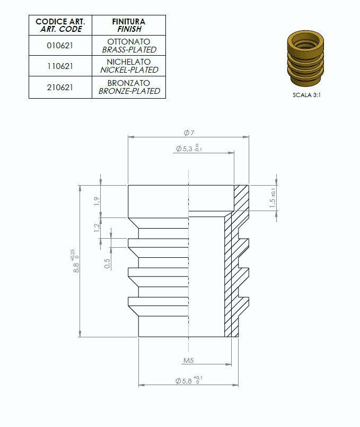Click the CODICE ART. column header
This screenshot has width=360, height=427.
[60, 25]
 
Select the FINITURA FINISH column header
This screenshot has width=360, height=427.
[128, 25]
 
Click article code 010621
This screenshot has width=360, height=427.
[60, 46]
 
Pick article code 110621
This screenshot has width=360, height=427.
[60, 66]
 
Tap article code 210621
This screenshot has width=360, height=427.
[60, 87]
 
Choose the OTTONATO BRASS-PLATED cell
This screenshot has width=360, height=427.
[129, 46]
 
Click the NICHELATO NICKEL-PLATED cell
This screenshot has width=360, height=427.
[129, 66]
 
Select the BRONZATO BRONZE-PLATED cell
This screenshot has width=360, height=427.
[129, 87]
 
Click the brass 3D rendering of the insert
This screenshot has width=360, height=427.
[306, 58]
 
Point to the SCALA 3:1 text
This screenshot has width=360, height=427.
[307, 95]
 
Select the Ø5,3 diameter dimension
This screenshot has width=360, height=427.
[188, 149]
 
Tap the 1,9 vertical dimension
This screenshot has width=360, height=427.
[96, 201]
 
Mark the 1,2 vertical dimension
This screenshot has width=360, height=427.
[96, 228]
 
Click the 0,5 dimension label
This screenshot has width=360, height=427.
[108, 263]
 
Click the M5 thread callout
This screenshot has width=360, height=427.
[188, 361]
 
